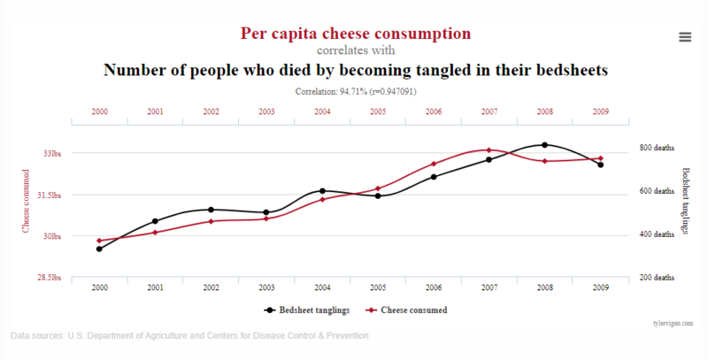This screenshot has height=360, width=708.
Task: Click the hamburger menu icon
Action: [685, 37]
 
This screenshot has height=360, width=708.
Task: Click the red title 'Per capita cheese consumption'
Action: [356, 34]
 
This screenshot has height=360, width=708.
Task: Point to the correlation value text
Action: [356, 92]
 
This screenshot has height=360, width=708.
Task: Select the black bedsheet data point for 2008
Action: [544, 145]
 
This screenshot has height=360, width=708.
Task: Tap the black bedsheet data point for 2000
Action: [99, 249]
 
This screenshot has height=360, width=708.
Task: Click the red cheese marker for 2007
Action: [489, 149]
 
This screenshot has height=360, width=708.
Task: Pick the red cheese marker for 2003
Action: [266, 218]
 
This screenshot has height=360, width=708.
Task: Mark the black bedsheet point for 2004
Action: [322, 191]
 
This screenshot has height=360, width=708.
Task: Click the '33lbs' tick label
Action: [52, 153]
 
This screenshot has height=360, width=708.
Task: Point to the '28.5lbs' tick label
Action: [50, 278]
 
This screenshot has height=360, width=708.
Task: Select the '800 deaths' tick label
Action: [657, 148]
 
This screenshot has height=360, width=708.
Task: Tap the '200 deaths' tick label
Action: [657, 278]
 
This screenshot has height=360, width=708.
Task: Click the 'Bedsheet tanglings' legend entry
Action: [306, 310]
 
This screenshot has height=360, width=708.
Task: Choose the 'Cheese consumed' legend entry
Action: [406, 310]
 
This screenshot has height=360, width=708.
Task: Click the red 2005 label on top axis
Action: [378, 111]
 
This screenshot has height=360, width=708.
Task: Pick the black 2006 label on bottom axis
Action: [434, 287]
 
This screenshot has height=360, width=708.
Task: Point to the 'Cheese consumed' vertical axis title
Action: [26, 201]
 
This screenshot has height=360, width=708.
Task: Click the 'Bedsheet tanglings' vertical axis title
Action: [685, 201]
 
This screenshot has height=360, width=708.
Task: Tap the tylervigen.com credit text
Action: [673, 324]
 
